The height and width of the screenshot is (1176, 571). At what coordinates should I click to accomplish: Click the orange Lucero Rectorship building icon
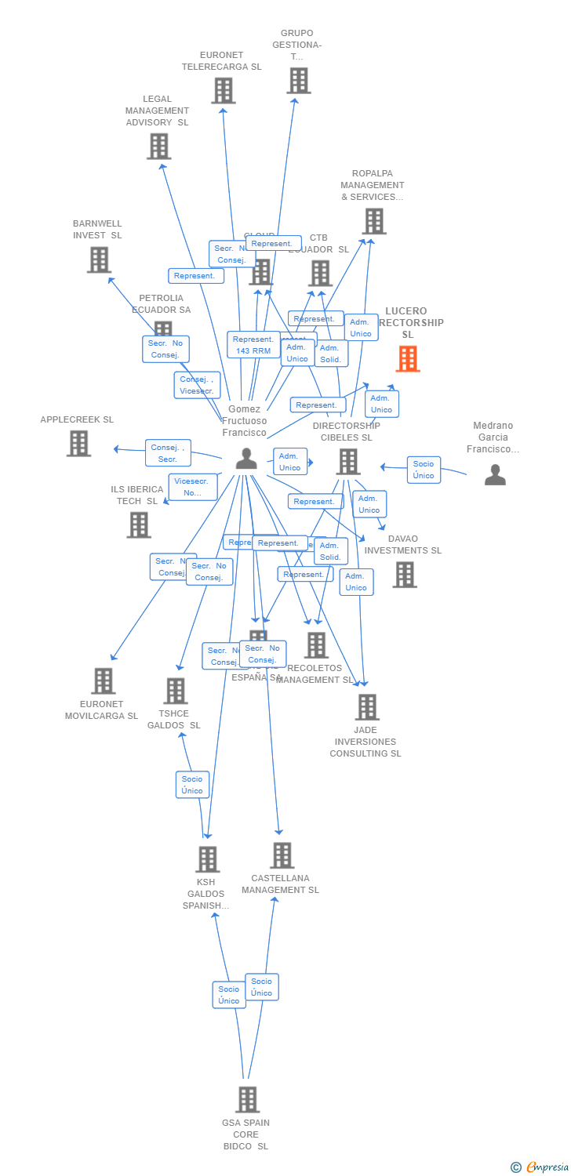pyautogui.click(x=408, y=358)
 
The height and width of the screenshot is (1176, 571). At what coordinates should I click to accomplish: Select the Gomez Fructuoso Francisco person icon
pyautogui.click(x=246, y=459)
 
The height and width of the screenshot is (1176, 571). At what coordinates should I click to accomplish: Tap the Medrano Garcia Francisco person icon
pyautogui.click(x=495, y=474)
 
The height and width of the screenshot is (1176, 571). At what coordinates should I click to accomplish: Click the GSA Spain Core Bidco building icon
pyautogui.click(x=247, y=1099)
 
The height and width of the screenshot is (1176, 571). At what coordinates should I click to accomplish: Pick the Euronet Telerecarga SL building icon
pyautogui.click(x=223, y=91)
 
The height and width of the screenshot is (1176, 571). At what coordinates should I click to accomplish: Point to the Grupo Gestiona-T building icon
pyautogui.click(x=298, y=80)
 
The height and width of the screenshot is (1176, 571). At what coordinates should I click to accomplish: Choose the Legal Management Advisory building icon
pyautogui.click(x=158, y=146)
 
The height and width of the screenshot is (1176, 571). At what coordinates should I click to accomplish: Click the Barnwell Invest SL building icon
pyautogui.click(x=99, y=260)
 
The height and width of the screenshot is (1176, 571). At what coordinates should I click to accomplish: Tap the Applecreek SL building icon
pyautogui.click(x=78, y=443)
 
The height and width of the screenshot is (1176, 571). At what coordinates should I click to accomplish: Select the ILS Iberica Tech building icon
pyautogui.click(x=139, y=524)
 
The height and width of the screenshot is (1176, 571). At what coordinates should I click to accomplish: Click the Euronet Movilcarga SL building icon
pyautogui.click(x=103, y=681)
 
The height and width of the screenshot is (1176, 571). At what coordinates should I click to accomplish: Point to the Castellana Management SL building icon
pyautogui.click(x=282, y=855)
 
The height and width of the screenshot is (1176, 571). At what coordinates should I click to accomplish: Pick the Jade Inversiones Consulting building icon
pyautogui.click(x=366, y=706)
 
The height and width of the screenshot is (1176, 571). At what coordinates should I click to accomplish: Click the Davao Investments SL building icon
pyautogui.click(x=405, y=574)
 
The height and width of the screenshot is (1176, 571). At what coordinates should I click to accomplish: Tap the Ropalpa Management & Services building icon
pyautogui.click(x=374, y=221)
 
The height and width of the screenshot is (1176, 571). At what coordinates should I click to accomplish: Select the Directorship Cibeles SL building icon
pyautogui.click(x=348, y=461)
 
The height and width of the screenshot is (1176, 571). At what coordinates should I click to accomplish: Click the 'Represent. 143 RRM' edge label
pyautogui.click(x=253, y=345)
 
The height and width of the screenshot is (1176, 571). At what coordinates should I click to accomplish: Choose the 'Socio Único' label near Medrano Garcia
pyautogui.click(x=424, y=470)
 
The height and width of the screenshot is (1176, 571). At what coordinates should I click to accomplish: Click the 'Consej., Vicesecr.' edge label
pyautogui.click(x=197, y=385)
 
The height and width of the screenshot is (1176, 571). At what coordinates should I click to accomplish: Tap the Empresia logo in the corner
pyautogui.click(x=540, y=1167)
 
